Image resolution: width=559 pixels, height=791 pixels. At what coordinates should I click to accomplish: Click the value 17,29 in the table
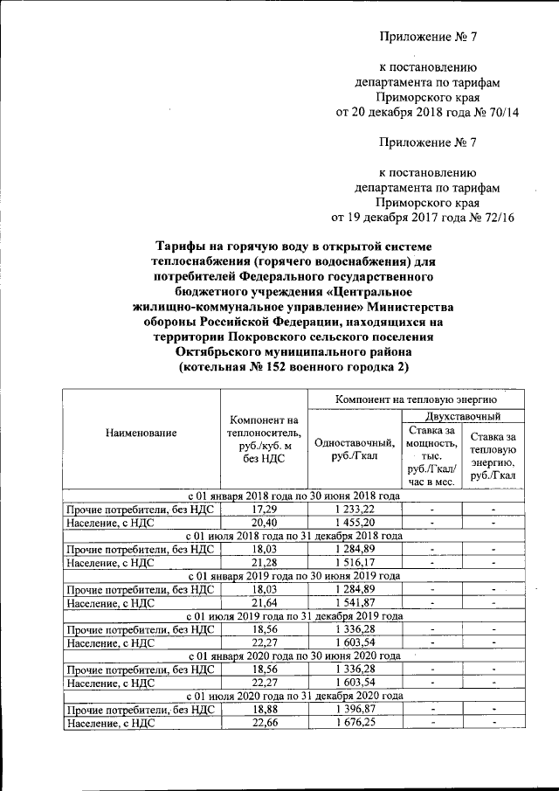coord(265,509)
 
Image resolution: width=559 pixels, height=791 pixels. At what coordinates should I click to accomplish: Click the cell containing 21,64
coord(265,603)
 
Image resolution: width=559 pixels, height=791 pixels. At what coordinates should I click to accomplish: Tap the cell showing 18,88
coord(265,710)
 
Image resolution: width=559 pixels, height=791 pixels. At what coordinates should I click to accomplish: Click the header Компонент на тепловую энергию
coord(416,399)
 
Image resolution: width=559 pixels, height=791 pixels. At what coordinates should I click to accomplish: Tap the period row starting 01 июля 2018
coord(294,536)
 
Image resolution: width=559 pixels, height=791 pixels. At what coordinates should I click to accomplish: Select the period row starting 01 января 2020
coord(294,656)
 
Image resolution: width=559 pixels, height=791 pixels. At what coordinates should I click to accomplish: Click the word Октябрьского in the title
coord(230,351)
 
